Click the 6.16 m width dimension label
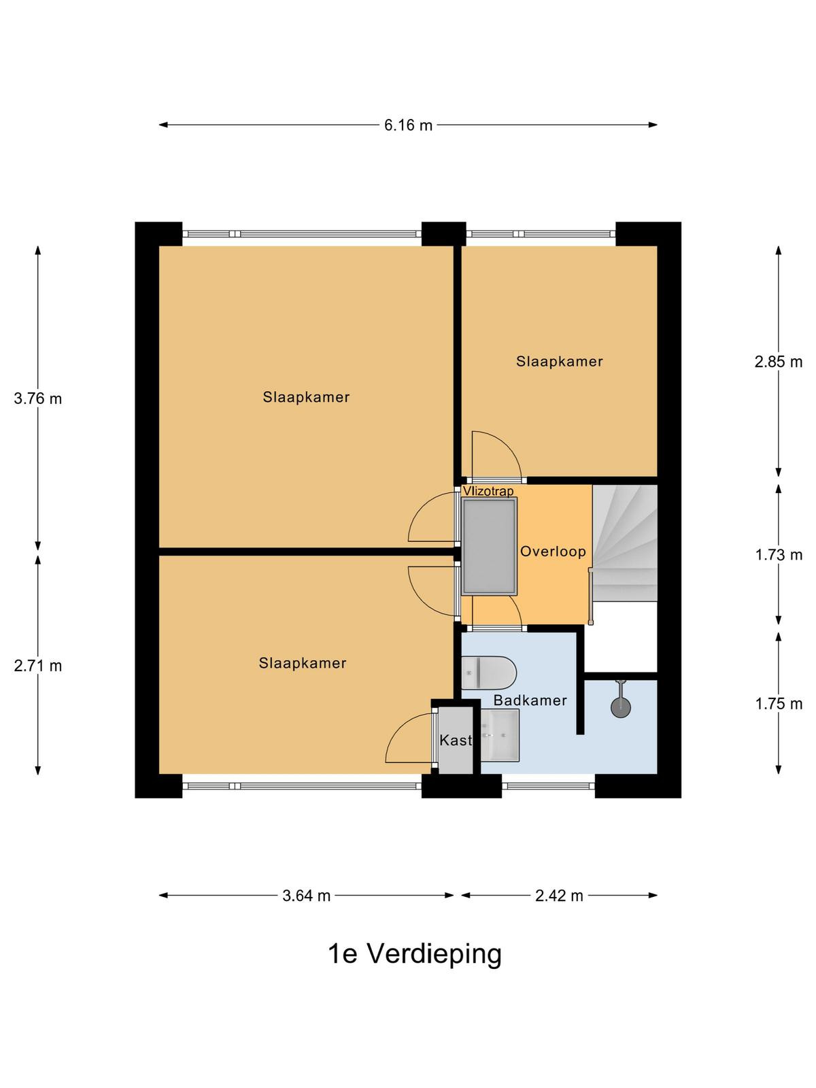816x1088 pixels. [408, 125]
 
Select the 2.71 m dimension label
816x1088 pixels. [37, 665]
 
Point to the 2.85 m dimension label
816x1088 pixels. [778, 361]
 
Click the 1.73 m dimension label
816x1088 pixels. [779, 555]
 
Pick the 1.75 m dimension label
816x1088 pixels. [779, 703]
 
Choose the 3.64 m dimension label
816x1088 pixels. [306, 895]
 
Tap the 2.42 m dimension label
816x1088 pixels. [559, 895]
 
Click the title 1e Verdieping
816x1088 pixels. [415, 953]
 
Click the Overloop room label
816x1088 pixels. [553, 551]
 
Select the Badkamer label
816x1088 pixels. [530, 700]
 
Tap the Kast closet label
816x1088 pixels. [456, 740]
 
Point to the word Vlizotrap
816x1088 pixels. [488, 491]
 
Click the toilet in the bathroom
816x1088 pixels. [489, 673]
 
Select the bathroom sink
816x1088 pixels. [500, 735]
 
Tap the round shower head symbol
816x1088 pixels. [621, 707]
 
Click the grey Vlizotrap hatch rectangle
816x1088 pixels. [489, 547]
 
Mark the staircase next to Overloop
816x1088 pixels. [625, 543]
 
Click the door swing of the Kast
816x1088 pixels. [409, 738]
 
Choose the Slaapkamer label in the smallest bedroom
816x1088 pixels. [560, 361]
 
